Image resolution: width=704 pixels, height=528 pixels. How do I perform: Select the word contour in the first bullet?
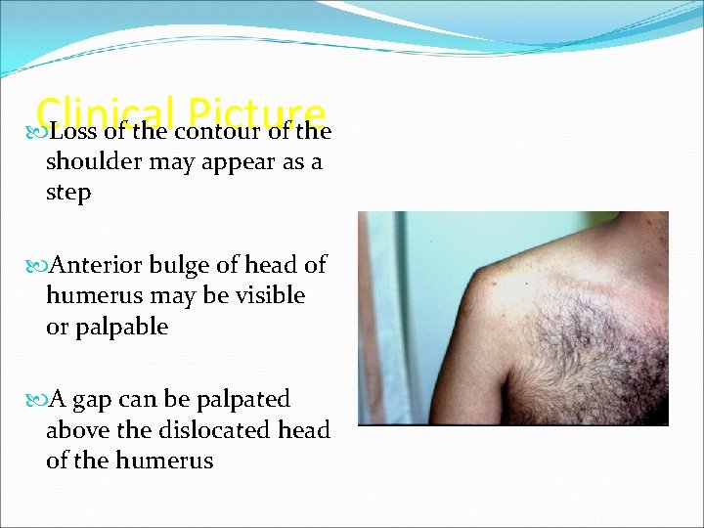(221, 131)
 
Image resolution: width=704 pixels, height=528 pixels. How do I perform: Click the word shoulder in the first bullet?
(93, 162)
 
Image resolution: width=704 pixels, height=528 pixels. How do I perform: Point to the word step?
(68, 193)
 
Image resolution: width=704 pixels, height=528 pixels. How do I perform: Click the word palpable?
(123, 327)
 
